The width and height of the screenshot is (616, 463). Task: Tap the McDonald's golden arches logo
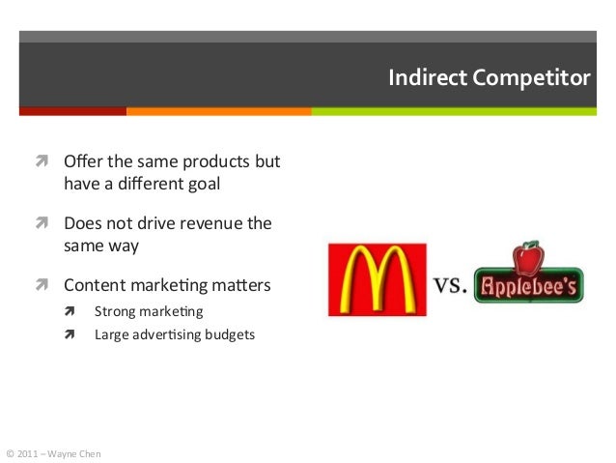(x=377, y=279)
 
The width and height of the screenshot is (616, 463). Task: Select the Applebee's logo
(x=528, y=278)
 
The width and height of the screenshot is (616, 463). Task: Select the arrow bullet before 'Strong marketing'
(x=70, y=312)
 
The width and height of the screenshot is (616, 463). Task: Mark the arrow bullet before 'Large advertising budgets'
(x=70, y=335)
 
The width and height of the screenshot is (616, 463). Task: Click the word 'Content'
(x=92, y=287)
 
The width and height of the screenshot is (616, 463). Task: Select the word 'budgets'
(x=227, y=335)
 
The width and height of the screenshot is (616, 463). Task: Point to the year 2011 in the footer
(x=27, y=451)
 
